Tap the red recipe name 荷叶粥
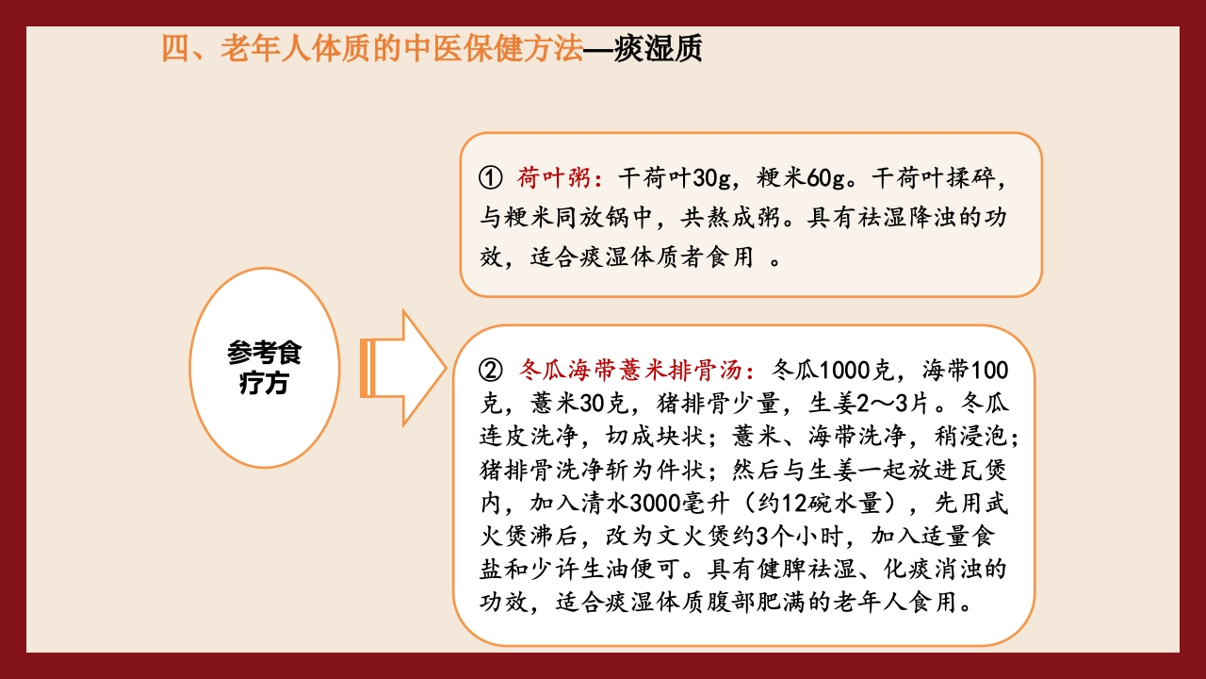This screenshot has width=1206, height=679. pos(554,177)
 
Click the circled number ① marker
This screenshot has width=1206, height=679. pos(491,177)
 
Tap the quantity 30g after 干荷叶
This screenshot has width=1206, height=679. pos(708,177)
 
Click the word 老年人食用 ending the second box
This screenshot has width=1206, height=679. pos(914,603)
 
